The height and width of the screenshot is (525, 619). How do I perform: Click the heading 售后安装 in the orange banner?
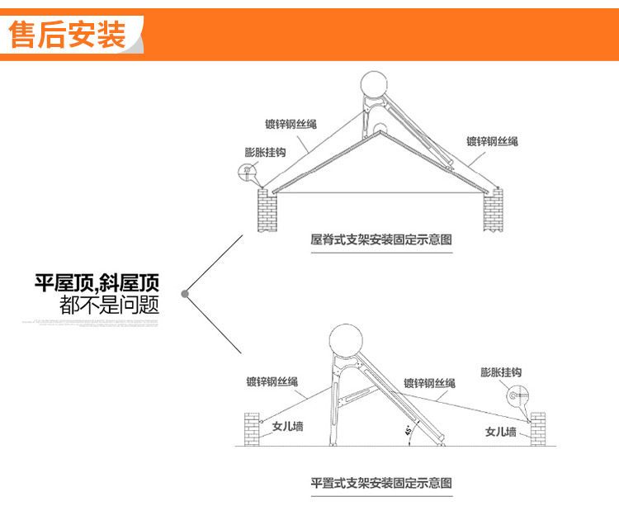[68, 35]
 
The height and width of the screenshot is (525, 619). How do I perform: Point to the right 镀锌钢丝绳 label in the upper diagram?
[492, 142]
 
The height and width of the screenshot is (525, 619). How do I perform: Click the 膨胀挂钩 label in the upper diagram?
[265, 153]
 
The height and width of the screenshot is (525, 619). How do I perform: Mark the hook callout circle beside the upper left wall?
[246, 173]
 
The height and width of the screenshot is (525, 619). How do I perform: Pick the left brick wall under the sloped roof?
[266, 210]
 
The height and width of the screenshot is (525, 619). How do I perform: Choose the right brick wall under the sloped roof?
[493, 210]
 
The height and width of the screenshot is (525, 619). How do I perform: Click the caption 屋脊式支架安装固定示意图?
[382, 240]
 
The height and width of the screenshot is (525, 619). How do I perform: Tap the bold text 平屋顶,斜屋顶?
[97, 286]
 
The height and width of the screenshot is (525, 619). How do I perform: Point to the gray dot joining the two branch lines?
[186, 292]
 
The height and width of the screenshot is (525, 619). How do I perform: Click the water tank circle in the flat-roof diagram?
[350, 342]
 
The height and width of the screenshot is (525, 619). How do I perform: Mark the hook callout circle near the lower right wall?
[514, 397]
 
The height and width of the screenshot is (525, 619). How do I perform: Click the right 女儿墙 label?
[501, 432]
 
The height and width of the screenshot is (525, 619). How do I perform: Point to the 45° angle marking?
[409, 432]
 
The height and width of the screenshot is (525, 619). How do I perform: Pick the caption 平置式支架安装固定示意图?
[382, 482]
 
